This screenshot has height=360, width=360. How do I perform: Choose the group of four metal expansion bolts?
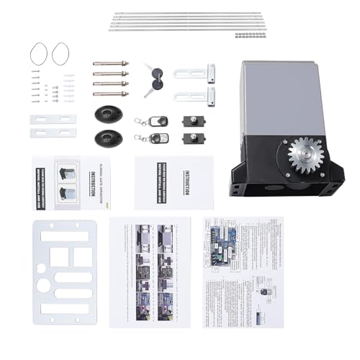(x=111, y=78)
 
